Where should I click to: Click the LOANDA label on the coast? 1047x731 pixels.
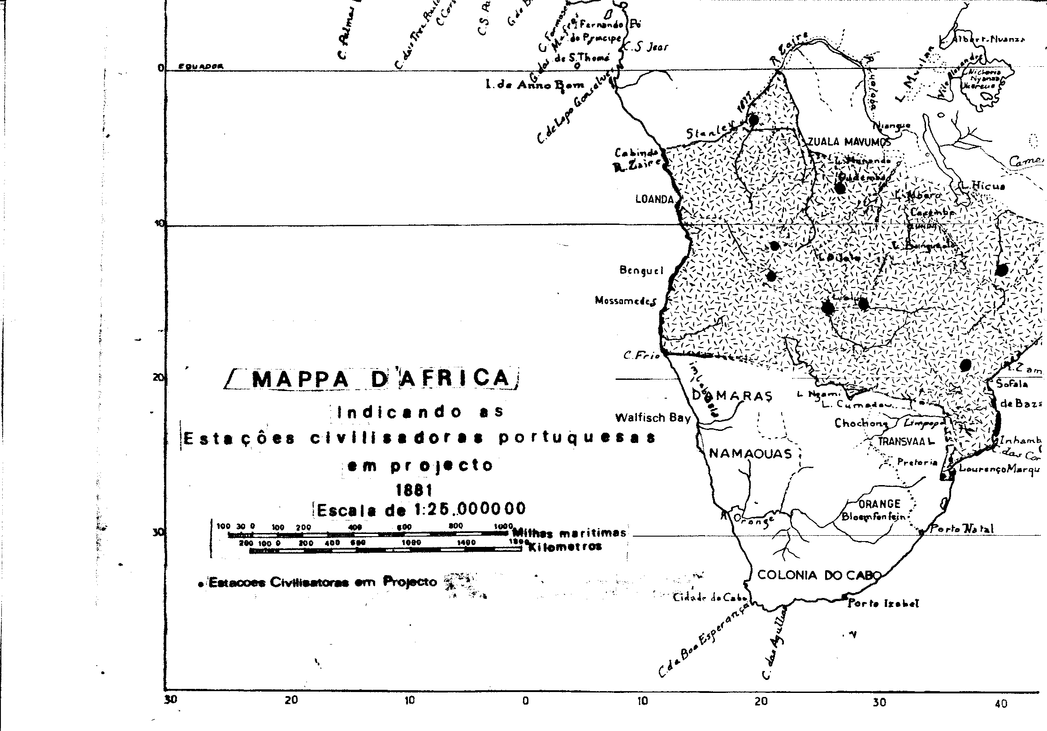(654, 199)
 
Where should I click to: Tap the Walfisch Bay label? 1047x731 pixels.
(653, 418)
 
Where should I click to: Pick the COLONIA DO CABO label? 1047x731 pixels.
(818, 575)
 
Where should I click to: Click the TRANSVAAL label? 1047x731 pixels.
(905, 442)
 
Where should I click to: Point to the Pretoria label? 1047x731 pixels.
(917, 462)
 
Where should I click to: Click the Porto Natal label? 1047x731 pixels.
(961, 529)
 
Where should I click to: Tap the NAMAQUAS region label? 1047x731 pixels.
(750, 453)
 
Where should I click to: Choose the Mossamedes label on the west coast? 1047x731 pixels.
(625, 301)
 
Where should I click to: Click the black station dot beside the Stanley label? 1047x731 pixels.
(753, 120)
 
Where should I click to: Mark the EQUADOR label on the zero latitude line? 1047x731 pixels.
(201, 67)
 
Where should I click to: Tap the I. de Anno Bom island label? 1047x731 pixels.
(535, 85)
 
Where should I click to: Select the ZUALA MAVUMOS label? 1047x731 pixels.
(849, 142)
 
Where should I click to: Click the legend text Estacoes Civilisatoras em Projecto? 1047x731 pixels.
(322, 582)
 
